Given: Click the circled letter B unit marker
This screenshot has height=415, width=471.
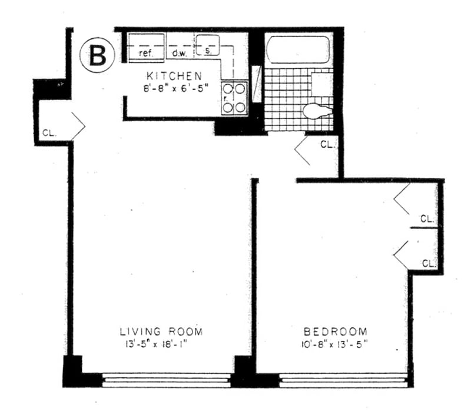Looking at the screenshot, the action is [x=97, y=55].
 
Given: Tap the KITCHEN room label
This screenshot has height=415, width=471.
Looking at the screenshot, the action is [x=174, y=76].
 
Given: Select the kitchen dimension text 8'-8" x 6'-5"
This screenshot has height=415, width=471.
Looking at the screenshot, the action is [x=175, y=88].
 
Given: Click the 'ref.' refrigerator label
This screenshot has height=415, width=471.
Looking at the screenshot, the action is [x=146, y=54].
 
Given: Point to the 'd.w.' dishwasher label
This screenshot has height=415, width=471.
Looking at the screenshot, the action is [x=180, y=54].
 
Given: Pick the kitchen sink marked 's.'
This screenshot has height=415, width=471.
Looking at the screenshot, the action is [x=208, y=45].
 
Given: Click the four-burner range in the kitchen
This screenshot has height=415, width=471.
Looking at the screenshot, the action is [x=234, y=98].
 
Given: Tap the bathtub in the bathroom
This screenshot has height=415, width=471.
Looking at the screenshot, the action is [x=298, y=50].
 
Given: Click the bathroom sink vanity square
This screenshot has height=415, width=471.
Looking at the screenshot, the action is [x=322, y=84].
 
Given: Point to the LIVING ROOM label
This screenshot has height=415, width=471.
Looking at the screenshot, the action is [x=161, y=331].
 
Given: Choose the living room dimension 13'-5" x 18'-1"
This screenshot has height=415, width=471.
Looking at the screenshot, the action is [x=156, y=344].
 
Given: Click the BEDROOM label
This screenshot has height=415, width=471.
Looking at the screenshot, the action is [x=336, y=331].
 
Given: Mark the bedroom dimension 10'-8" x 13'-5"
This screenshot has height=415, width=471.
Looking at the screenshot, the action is [x=334, y=344].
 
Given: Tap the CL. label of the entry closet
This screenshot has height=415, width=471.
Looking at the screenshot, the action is [x=49, y=133].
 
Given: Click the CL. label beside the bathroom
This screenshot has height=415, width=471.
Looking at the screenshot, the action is [x=327, y=144].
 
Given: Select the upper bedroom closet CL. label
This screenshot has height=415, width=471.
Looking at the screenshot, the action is [x=427, y=218].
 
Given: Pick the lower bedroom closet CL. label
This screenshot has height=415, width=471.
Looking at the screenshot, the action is [x=429, y=264].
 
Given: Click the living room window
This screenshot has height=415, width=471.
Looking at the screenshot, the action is [x=166, y=380].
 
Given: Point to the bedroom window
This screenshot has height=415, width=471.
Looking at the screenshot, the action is [x=343, y=380].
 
